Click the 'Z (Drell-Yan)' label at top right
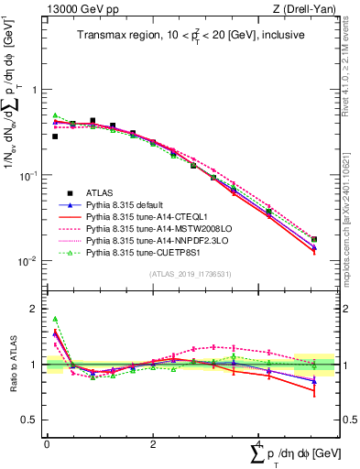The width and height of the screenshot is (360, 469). point(307,10)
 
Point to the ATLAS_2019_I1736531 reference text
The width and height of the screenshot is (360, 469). point(191,274)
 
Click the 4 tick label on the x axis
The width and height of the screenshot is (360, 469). point(259,445)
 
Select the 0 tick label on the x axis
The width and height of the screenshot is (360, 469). point(48,445)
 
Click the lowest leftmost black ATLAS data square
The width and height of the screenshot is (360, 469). point(55,136)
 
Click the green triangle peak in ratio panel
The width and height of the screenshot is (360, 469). point(55,319)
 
